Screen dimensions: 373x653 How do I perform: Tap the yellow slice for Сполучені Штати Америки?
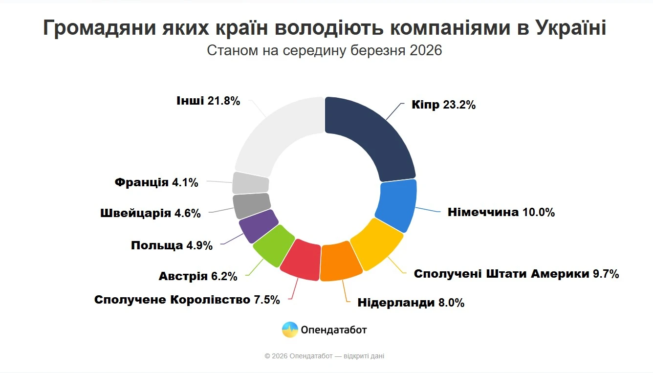pos(377,243)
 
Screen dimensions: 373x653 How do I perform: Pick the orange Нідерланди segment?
pos(342,261)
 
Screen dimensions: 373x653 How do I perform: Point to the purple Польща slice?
pos(258,225)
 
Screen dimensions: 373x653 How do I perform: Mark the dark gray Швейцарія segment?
pos(251,206)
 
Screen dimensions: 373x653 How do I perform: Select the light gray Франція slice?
pos(251,183)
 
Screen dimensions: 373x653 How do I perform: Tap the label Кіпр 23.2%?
pos(443,105)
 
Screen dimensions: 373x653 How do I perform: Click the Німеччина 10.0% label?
pos(501,212)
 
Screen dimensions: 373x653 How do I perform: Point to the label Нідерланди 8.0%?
pos(411,303)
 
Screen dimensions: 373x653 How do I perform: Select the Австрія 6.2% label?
pos(198,276)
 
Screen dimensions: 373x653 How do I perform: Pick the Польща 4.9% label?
pos(172,245)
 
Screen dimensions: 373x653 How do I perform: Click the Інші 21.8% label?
pos(208,101)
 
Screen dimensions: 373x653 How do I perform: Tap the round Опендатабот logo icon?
pos(290,329)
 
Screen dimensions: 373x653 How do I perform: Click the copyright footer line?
pos(325,356)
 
